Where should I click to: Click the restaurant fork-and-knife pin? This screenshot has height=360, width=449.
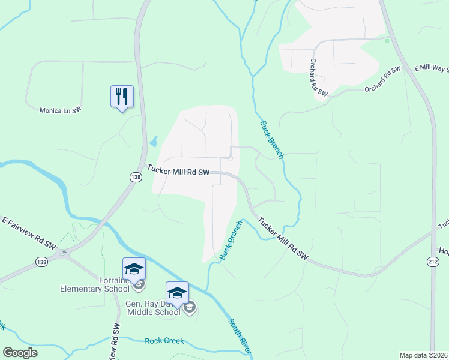click(122, 96)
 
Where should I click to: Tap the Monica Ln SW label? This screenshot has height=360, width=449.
click(60, 110)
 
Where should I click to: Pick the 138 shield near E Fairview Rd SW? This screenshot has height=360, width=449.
click(41, 262)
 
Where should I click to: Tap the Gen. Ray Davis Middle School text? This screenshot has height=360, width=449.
click(153, 308)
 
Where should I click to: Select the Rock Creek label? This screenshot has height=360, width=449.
click(164, 341)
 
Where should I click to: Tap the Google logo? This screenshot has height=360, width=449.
click(20, 353)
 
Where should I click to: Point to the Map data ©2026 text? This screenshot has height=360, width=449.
click(423, 355)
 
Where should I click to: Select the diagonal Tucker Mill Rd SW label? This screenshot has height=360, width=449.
click(286, 239)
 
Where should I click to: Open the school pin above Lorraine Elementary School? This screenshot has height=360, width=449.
click(134, 268)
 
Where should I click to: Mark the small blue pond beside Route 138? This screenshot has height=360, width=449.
click(154, 142)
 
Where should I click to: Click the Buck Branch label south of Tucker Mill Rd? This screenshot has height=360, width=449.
click(231, 240)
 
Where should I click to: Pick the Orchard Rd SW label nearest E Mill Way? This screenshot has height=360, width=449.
click(383, 80)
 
